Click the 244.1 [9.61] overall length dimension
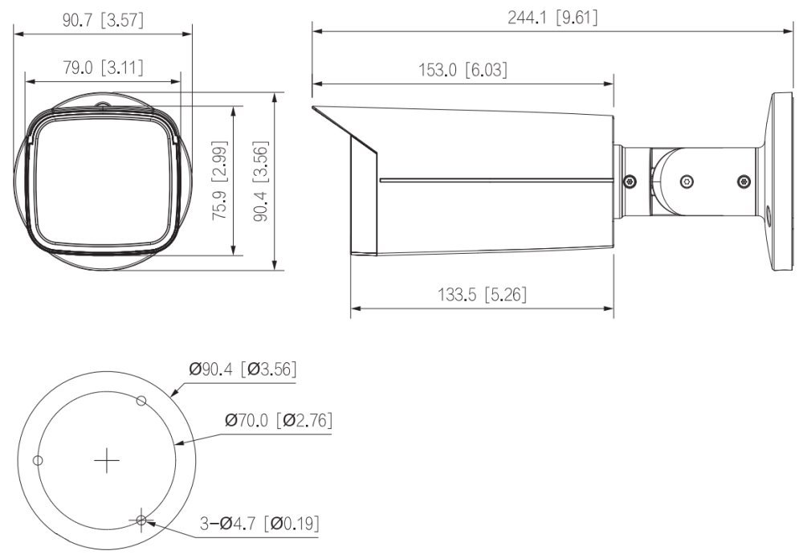(x=552, y=18)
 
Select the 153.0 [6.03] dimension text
(x=463, y=70)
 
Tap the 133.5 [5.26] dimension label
(x=482, y=295)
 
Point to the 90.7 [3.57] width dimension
(x=103, y=20)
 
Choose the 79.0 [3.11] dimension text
(x=103, y=67)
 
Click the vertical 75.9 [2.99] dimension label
(x=220, y=181)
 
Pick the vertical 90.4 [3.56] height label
(x=261, y=181)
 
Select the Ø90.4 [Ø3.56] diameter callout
(x=243, y=369)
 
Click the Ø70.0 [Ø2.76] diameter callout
(x=279, y=420)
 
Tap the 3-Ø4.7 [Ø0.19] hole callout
(x=259, y=524)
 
